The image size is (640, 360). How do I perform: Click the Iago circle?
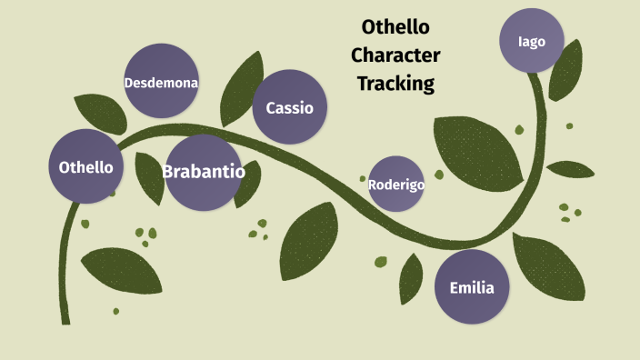[x=532, y=41]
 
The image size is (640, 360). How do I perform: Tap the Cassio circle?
[x=289, y=107]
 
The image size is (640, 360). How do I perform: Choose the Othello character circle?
[x=85, y=166]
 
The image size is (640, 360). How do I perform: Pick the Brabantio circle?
[x=204, y=171]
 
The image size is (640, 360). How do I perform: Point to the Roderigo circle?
[x=396, y=184]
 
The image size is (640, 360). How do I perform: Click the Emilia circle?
[x=472, y=287]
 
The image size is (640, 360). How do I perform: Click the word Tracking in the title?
[x=395, y=84]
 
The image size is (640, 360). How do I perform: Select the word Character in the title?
[x=395, y=55]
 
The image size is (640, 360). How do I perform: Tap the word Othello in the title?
[x=395, y=26]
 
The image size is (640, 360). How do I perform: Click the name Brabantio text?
[x=204, y=171]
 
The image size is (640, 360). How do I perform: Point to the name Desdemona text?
[x=161, y=83]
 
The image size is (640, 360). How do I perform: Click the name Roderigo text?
[x=396, y=184]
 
